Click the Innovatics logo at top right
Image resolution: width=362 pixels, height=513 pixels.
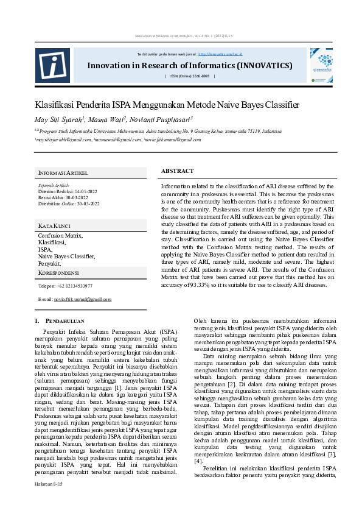[x=321, y=65]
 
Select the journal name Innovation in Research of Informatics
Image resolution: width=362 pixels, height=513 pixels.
[x=189, y=66]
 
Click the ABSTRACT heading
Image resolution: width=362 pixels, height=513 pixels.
[x=178, y=171]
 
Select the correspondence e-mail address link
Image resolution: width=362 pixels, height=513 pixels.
[x=83, y=300]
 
